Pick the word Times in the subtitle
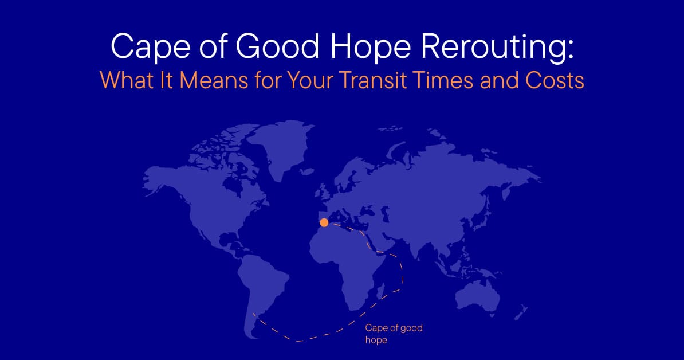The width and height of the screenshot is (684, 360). coord(461,80)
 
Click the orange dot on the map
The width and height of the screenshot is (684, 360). coord(324,222)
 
